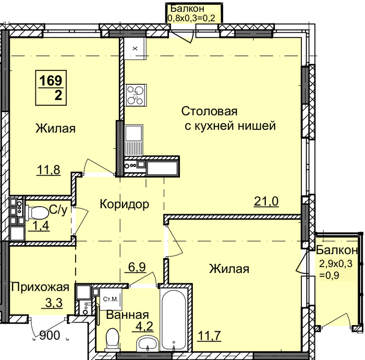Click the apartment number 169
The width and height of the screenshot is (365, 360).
(x=51, y=80)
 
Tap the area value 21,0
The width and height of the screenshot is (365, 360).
(x=266, y=201)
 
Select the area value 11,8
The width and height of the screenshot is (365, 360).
(x=48, y=170)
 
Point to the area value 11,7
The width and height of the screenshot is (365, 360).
(x=209, y=336)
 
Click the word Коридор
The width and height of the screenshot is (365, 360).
(x=125, y=204)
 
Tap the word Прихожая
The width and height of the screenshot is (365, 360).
(x=40, y=287)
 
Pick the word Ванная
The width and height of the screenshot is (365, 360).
(x=127, y=315)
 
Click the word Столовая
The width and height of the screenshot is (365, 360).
(x=209, y=111)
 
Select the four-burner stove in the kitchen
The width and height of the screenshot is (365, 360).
(x=136, y=95)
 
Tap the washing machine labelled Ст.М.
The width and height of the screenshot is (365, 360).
(x=111, y=299)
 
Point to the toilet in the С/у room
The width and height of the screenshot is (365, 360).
(x=36, y=212)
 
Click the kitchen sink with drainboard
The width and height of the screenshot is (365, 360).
(x=133, y=140)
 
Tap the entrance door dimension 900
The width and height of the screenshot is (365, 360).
(x=50, y=335)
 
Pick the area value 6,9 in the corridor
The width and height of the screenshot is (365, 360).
(x=137, y=267)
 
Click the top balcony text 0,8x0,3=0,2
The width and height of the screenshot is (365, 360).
(x=191, y=18)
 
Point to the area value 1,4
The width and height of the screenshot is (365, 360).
(x=39, y=225)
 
